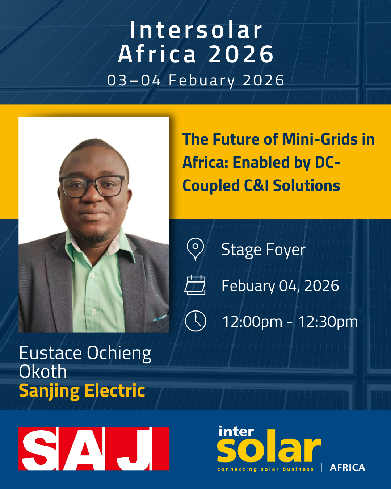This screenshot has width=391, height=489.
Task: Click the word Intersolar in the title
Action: click(196, 30)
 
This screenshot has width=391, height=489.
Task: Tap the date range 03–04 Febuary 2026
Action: click(195, 81)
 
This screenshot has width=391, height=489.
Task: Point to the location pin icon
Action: click(195, 249)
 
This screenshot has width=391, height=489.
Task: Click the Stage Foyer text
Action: click(263, 250)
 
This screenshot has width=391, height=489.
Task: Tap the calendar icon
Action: click(195, 285)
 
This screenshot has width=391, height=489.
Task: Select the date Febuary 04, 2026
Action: click(280, 286)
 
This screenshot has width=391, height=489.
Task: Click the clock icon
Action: click(195, 321)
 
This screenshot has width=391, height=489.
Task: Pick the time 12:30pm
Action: click(328, 322)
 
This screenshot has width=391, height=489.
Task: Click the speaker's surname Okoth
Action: click(43, 372)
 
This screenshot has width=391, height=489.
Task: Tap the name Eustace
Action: click(50, 353)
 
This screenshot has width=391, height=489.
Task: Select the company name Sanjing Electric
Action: click(82, 391)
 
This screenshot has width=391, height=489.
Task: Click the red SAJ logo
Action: click(94, 449)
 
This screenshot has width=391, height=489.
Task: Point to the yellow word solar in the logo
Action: click(269, 447)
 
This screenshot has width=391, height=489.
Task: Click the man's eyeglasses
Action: click(93, 186)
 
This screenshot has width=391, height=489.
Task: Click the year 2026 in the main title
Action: click(241, 54)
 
